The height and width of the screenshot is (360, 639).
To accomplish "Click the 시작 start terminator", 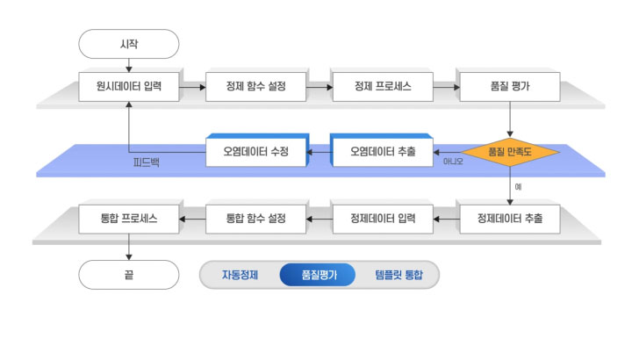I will [128, 43].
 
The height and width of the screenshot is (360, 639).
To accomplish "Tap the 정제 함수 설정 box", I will [256, 87].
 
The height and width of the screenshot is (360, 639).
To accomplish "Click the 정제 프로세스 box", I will [383, 87].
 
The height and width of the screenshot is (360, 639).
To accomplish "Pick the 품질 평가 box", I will [510, 87].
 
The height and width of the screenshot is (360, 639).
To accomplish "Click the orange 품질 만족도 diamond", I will [510, 152].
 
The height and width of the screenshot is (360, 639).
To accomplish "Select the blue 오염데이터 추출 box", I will [382, 152].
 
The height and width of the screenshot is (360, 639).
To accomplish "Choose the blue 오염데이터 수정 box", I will [255, 152].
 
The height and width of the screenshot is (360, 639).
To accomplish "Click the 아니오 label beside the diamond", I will [454, 162].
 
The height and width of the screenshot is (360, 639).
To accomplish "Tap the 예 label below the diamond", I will [519, 186].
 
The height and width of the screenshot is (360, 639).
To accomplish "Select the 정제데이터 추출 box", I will [510, 217].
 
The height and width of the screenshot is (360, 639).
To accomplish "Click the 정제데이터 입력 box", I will [383, 217].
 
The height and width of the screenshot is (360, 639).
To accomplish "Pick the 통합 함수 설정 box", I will [256, 217].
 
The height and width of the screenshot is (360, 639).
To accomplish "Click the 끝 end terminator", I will [128, 275].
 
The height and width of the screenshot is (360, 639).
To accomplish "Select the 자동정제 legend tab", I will [240, 275].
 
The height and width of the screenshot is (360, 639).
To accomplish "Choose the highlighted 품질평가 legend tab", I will [318, 275].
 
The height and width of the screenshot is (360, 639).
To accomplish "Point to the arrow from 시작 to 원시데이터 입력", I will [128, 64].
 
